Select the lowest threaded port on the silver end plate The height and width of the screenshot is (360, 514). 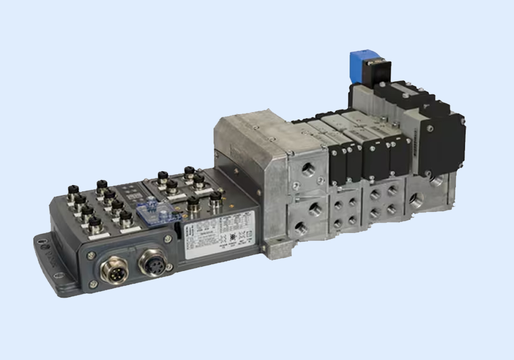(x=302, y=230)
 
